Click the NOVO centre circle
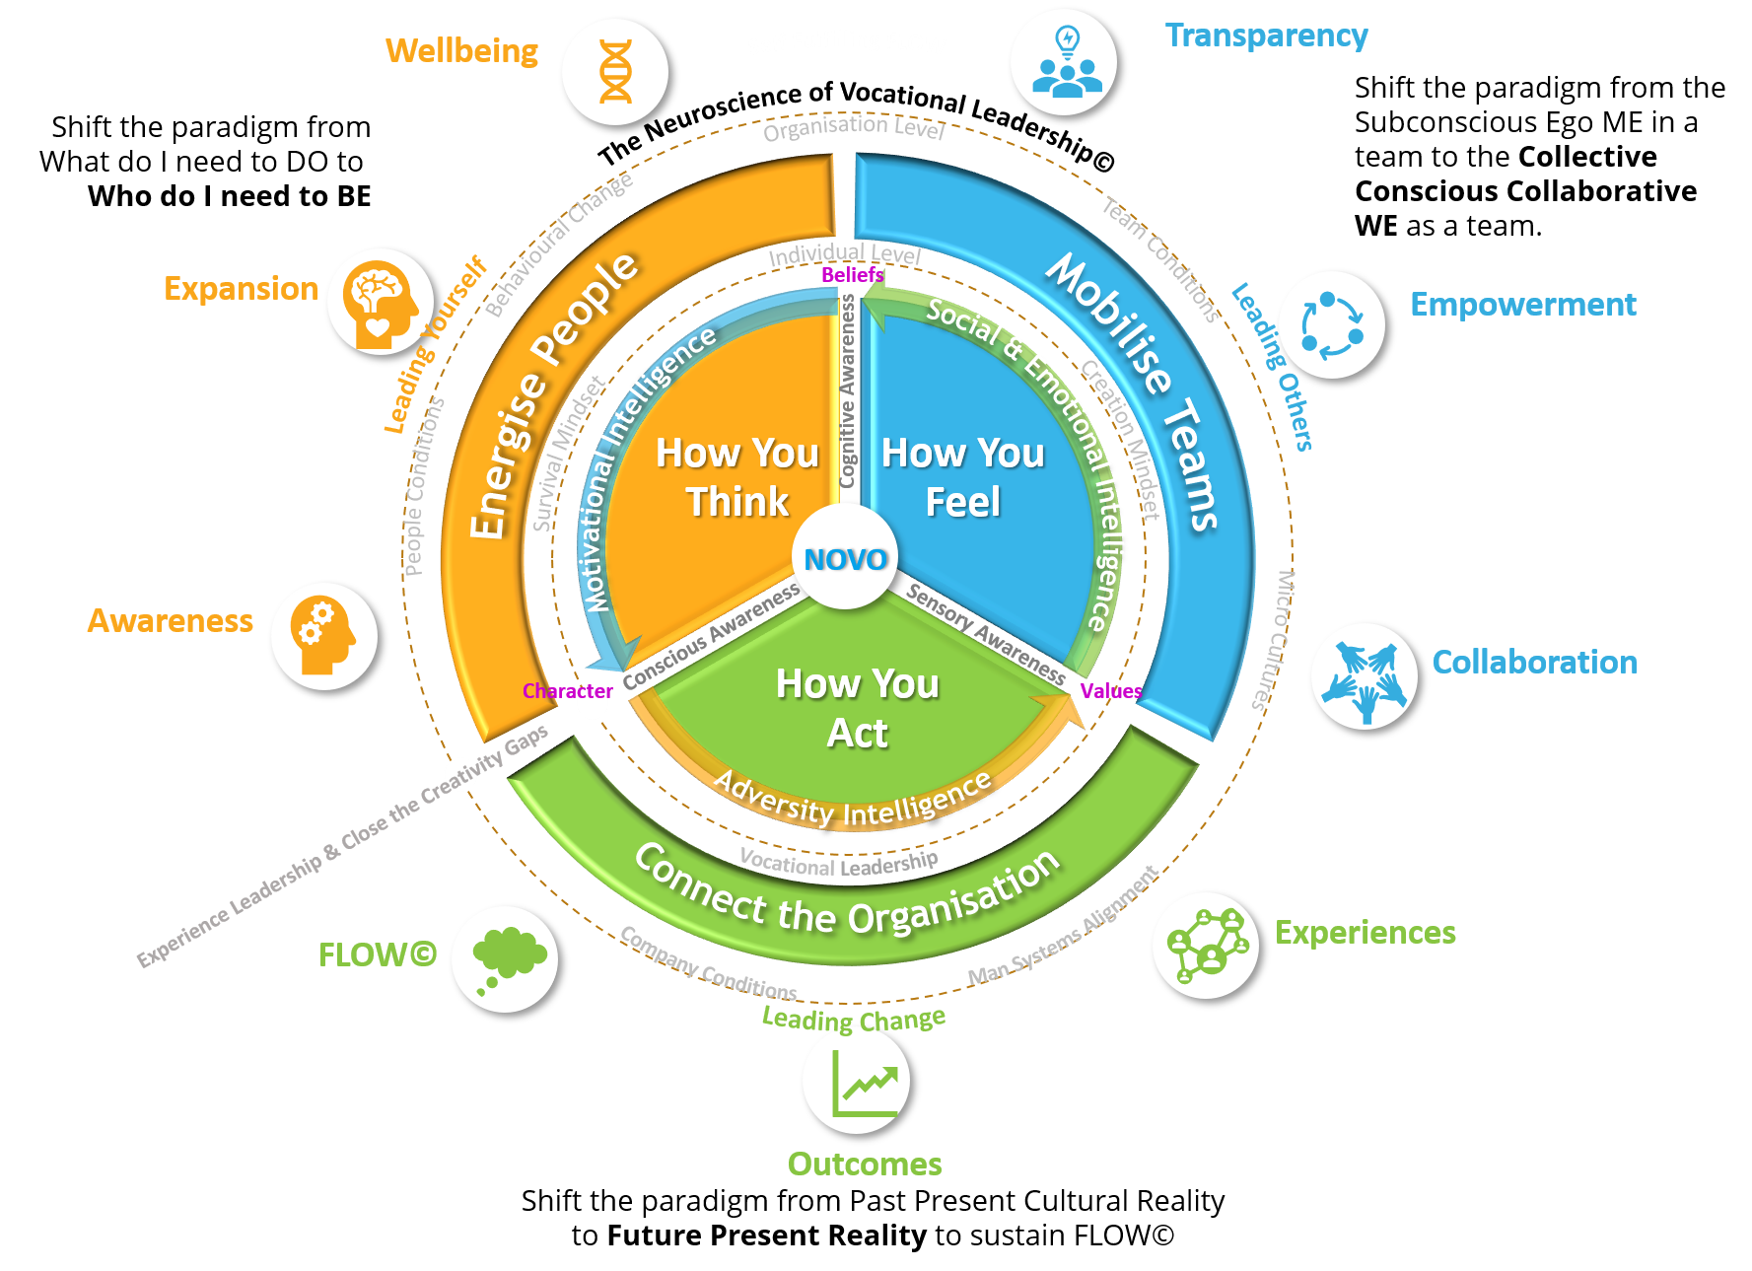coord(845,558)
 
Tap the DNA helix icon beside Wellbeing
coord(615,72)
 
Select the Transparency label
coord(1266,35)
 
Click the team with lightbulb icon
coord(1065,62)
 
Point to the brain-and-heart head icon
coord(381,302)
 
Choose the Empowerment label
coord(1522,304)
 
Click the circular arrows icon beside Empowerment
coord(1331,324)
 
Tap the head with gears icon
coord(324,636)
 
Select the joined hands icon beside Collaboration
coord(1365,676)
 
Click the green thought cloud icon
coord(505,958)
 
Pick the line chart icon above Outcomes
coord(856,1081)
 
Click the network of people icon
coord(1205,946)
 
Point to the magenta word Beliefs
coord(852,275)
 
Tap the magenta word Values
coord(1110,691)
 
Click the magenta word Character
coord(567,691)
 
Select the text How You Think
coord(737,477)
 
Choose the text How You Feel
coord(962,477)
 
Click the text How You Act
coord(857,708)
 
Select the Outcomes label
coord(865,1164)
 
